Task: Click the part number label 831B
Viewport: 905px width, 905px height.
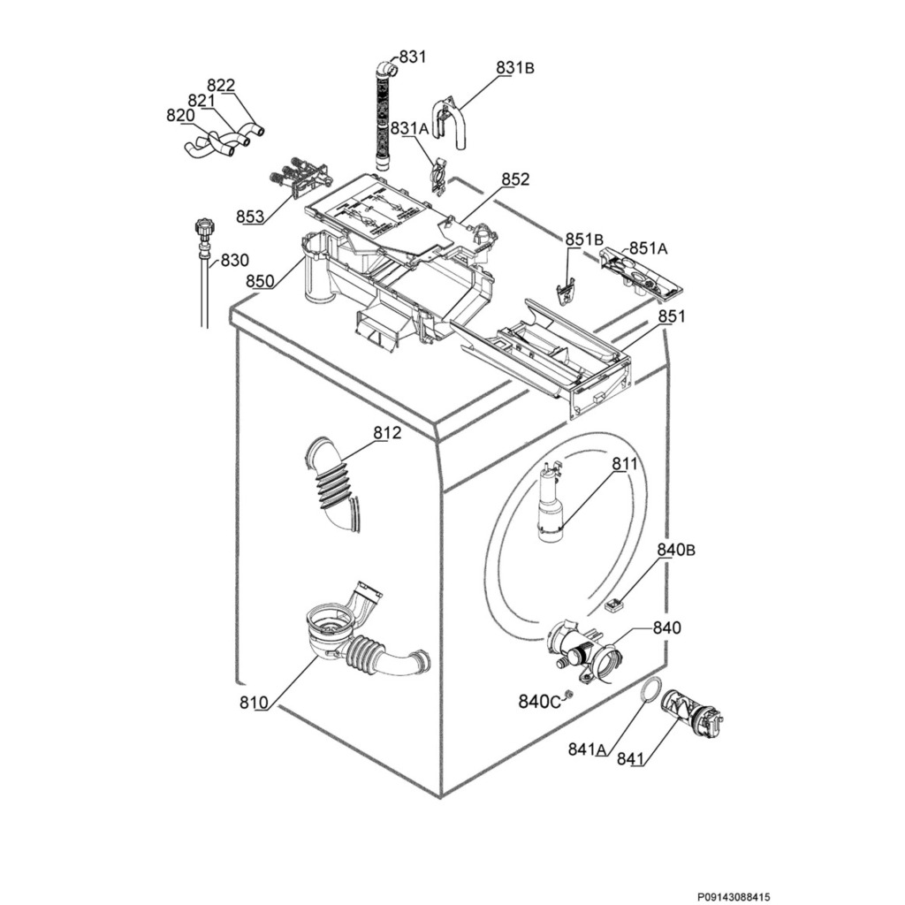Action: pos(515,68)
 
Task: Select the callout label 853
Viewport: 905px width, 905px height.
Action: pos(250,217)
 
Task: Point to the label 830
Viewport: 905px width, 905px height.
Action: pos(234,261)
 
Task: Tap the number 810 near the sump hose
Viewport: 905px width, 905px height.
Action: pos(253,703)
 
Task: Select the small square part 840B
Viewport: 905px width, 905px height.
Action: pos(614,605)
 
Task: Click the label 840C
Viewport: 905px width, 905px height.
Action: pos(539,702)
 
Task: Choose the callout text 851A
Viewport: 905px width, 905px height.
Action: pos(648,249)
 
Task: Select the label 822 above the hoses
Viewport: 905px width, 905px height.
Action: pos(221,86)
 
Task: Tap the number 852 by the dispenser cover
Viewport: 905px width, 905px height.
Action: pos(515,179)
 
